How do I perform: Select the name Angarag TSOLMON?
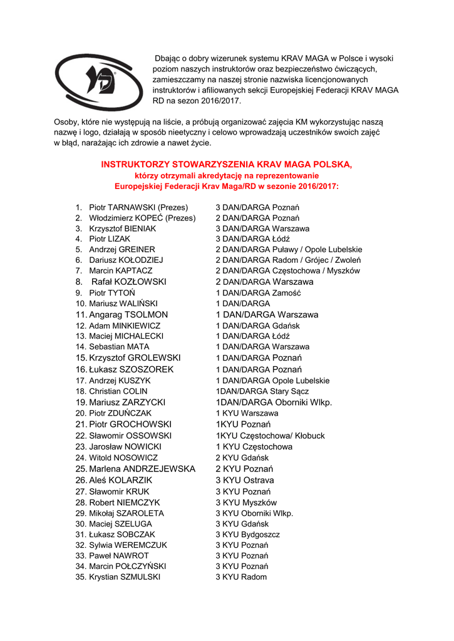128,315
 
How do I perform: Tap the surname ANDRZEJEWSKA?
159,469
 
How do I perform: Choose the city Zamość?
287,293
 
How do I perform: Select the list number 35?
80,577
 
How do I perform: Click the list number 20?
80,413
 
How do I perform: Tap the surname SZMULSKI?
140,577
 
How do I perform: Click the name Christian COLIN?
118,391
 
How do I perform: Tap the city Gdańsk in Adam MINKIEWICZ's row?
286,326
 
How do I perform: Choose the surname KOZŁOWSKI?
140,282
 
